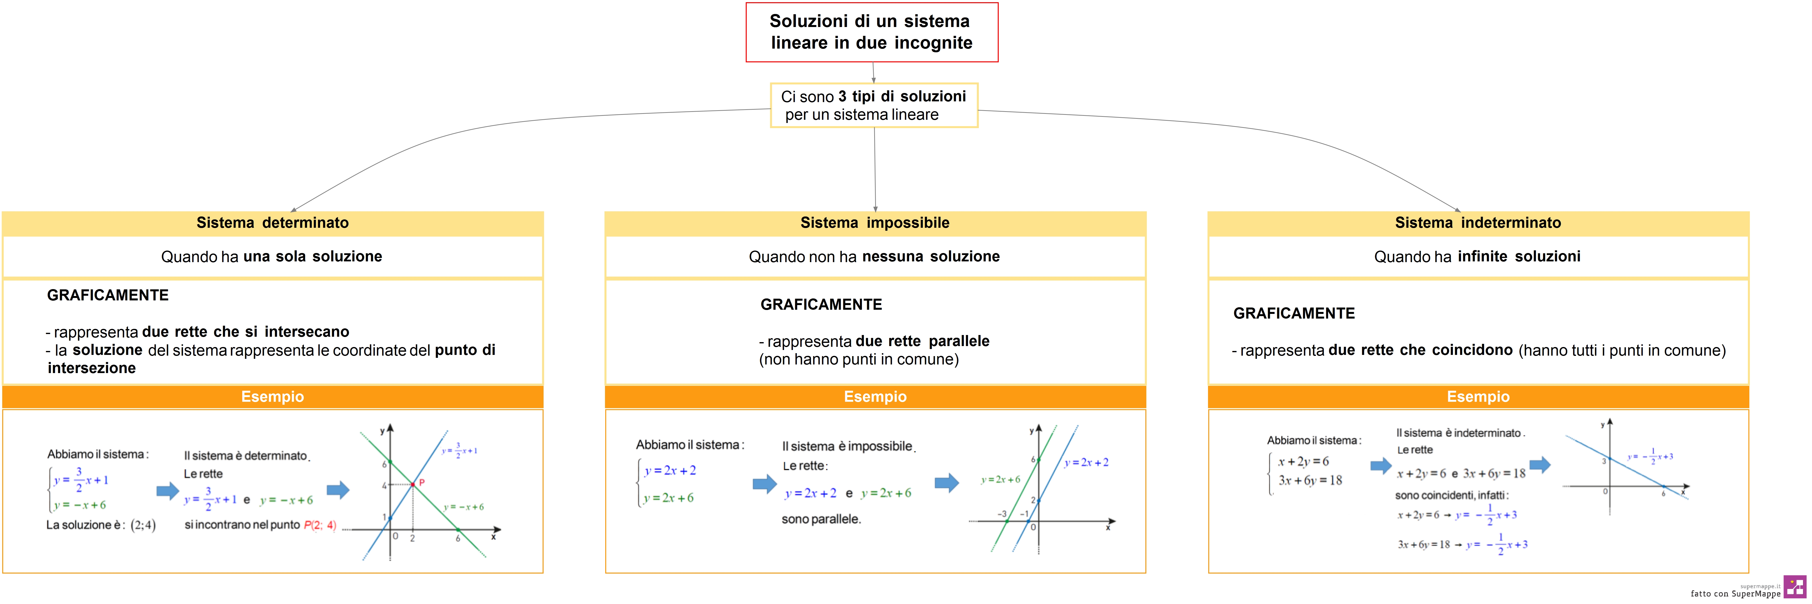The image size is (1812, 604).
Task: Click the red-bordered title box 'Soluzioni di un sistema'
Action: [x=871, y=32]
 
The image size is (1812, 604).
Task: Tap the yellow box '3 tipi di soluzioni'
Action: [x=874, y=106]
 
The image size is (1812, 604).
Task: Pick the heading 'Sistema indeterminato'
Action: [x=1478, y=223]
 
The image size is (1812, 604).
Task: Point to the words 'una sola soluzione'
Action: [x=312, y=257]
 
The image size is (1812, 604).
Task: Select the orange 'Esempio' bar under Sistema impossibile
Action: [x=875, y=397]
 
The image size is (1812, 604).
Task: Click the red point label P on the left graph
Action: [x=422, y=482]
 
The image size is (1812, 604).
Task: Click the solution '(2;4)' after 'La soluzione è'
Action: [x=143, y=525]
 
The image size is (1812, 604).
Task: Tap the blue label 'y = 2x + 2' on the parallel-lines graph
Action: [x=1086, y=463]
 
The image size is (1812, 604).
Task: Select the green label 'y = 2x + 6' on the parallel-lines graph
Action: [x=1000, y=480]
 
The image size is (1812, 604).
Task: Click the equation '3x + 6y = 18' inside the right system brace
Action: [x=1310, y=481]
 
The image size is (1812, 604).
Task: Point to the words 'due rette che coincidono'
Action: [x=1420, y=350]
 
